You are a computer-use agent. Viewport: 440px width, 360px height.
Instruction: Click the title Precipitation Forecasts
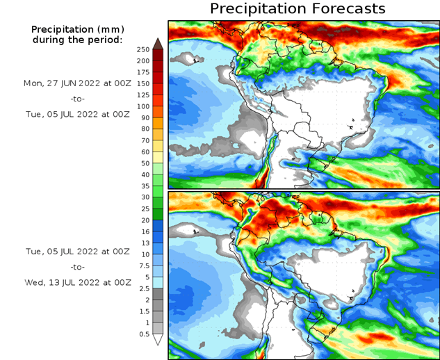(x=297, y=9)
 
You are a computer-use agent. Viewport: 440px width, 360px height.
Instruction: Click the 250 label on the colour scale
(x=144, y=49)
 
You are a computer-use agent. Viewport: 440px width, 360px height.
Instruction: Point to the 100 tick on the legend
(x=144, y=106)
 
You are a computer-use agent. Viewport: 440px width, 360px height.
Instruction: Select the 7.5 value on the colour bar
(x=144, y=265)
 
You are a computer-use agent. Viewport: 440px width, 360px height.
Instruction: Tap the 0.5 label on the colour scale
(x=144, y=333)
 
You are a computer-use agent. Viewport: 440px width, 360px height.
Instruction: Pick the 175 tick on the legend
(x=144, y=72)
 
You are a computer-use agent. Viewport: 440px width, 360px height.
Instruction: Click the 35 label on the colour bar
(x=144, y=186)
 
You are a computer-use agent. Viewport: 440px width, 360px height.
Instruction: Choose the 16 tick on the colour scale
(x=144, y=231)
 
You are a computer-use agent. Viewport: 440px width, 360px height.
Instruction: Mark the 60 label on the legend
(x=144, y=152)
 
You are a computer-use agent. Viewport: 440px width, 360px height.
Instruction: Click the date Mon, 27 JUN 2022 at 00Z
(x=77, y=83)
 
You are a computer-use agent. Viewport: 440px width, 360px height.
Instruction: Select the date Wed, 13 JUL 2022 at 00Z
(x=77, y=283)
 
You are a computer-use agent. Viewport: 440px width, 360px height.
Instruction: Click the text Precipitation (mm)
(x=77, y=30)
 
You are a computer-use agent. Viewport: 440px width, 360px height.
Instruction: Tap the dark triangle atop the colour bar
(x=158, y=43)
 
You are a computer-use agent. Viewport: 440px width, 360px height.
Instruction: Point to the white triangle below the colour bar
(x=158, y=340)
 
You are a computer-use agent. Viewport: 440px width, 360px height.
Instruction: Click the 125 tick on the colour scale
(x=144, y=95)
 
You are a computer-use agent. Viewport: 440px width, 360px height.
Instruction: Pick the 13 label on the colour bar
(x=144, y=243)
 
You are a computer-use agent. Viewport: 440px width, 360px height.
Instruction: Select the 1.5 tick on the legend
(x=144, y=310)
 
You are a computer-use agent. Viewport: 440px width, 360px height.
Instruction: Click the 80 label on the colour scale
(x=144, y=129)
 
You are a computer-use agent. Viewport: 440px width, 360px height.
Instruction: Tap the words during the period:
(x=77, y=40)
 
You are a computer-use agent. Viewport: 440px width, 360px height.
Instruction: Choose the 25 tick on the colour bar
(x=144, y=208)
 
